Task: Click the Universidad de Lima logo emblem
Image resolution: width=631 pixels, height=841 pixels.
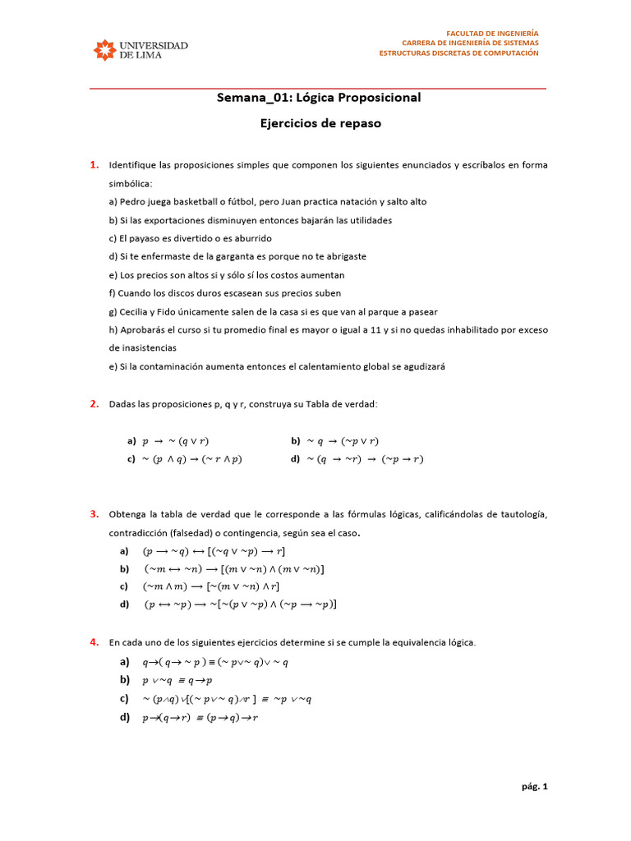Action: click(x=105, y=50)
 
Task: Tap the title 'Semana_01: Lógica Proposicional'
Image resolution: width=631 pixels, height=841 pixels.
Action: click(x=319, y=98)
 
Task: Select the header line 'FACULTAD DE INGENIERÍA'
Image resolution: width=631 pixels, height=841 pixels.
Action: click(x=492, y=33)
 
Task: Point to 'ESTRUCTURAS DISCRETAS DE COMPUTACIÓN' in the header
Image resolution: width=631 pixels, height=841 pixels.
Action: click(x=458, y=53)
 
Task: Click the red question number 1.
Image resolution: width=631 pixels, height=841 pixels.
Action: click(x=94, y=164)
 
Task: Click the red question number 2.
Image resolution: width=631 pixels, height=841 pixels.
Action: click(x=94, y=403)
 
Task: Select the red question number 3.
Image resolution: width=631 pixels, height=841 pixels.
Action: click(x=94, y=514)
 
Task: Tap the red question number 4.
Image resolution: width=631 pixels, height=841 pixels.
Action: click(x=94, y=641)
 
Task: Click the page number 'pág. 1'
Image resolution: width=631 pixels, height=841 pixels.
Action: click(x=534, y=786)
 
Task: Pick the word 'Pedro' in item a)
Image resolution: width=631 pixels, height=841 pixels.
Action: click(x=133, y=201)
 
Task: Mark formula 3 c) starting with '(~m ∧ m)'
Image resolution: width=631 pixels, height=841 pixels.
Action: click(x=211, y=586)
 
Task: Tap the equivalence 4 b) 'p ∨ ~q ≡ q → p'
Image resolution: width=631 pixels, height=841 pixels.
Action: click(x=177, y=680)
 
